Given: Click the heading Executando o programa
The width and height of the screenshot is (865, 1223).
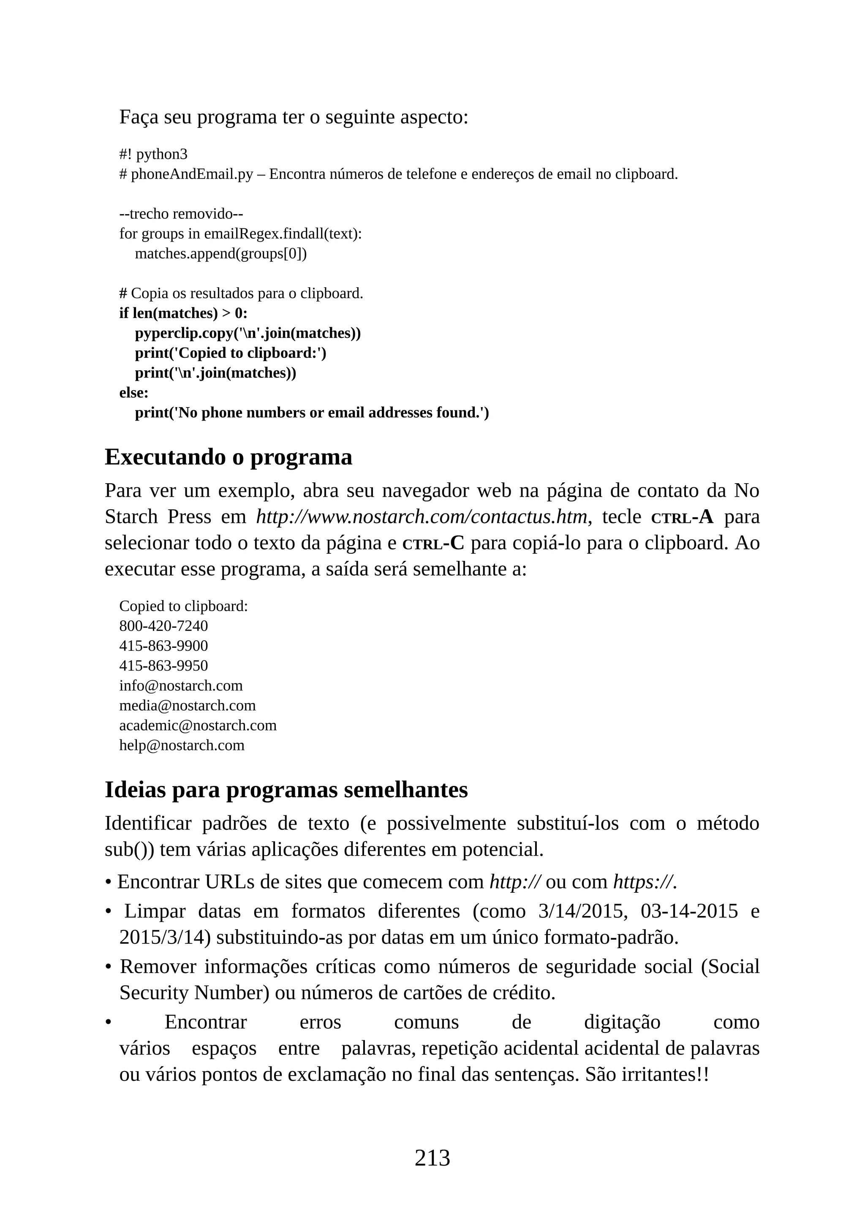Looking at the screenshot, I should point(228,457).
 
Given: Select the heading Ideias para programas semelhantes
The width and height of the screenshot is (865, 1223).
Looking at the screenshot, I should point(286,789).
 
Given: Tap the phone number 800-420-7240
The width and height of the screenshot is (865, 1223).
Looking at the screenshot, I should point(163,626).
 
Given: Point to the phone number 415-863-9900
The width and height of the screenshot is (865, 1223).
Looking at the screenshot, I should point(163,646).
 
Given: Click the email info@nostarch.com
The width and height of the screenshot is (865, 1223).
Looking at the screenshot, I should point(181,685).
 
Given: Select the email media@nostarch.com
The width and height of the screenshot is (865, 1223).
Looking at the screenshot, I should point(187,705).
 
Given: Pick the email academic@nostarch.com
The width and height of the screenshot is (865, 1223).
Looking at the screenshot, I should point(198,726).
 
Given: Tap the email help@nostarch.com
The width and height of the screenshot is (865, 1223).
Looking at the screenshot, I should point(182,745).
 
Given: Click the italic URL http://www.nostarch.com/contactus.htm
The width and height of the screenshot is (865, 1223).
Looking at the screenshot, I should point(422,516).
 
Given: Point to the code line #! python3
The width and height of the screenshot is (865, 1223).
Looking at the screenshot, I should point(153,155).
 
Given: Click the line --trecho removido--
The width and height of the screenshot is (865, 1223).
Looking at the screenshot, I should point(181,214).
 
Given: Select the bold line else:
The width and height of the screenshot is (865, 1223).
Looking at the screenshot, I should point(134,393).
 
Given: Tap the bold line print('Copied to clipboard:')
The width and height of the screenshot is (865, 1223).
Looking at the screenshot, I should point(230,353).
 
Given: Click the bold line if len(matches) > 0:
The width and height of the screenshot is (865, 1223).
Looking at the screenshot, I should point(183,313).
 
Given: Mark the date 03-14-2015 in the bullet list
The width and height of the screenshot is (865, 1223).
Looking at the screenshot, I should point(689,911).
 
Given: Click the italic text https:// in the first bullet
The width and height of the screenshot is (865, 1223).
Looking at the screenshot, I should point(645,882).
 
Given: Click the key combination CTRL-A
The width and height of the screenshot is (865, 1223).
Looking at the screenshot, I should point(682,516).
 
